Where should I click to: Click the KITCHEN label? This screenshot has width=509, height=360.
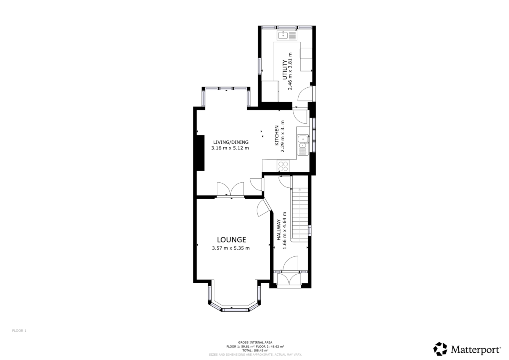click(277, 136)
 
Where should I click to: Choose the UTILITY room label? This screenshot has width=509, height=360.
click(285, 70)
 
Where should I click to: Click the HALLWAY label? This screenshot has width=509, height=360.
click(279, 231)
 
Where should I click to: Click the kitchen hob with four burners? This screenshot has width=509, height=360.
click(283, 165)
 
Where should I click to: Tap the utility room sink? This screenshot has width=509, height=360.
click(287, 35)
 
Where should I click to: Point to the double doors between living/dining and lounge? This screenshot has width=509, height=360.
click(230, 190)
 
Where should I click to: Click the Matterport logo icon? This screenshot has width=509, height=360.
click(440, 348)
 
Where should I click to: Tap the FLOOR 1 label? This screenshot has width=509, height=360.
click(19, 330)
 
